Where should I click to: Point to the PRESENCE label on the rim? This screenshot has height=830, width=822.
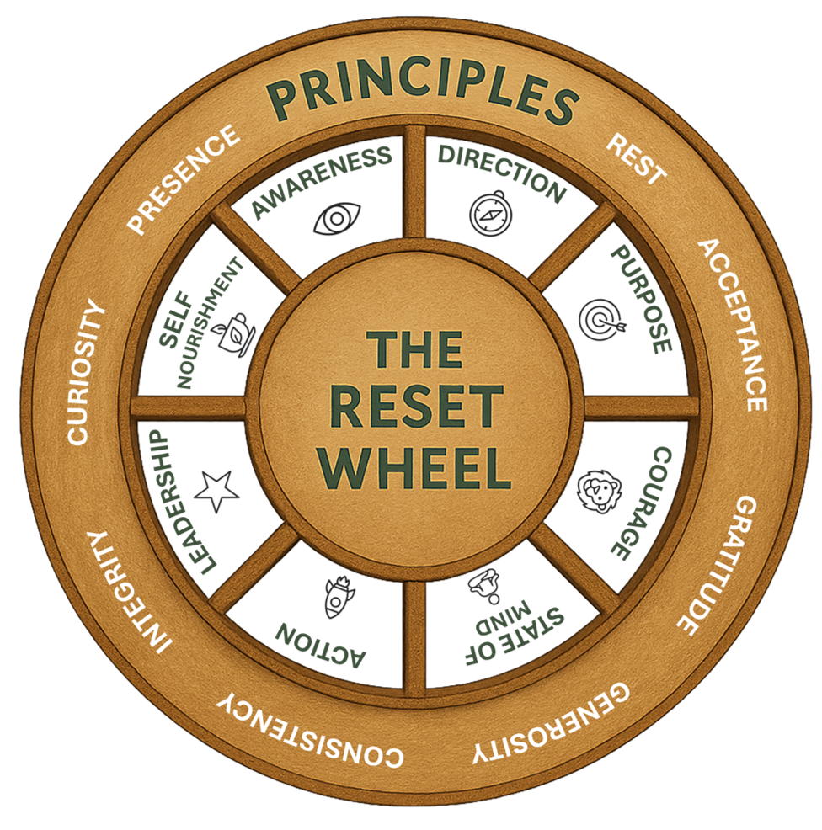pos(184,180)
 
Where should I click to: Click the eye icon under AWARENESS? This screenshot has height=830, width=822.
pos(337,219)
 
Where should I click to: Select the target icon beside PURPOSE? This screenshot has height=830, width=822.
pos(599,320)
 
